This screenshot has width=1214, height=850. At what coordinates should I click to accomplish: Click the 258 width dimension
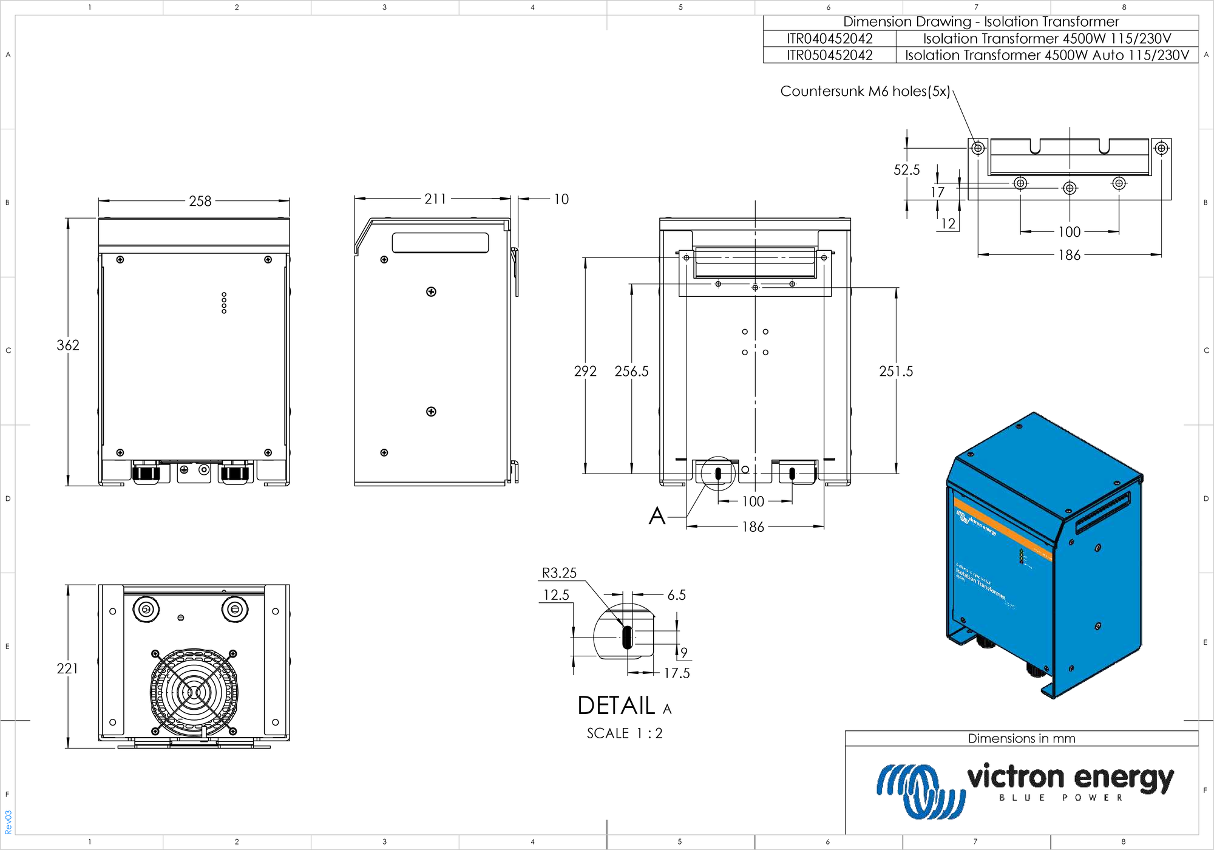[x=200, y=201]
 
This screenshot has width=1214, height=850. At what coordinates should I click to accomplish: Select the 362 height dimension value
[x=68, y=345]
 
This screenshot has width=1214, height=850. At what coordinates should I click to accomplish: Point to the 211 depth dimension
[x=435, y=199]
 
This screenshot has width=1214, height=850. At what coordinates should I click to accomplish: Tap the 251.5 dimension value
[x=895, y=372]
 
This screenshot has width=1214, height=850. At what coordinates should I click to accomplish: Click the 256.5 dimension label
[x=631, y=372]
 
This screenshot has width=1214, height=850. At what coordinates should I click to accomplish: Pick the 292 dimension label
[x=585, y=372]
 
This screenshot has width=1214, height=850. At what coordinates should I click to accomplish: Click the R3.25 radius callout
[x=559, y=573]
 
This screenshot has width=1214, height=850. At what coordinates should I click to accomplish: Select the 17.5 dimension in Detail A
[x=676, y=673]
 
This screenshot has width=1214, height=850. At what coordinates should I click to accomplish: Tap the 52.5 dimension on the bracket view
[x=906, y=170]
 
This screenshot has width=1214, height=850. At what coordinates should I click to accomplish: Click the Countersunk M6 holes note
[x=865, y=92]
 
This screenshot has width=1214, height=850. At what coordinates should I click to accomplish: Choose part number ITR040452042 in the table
[x=829, y=39]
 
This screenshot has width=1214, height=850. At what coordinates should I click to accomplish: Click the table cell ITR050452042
[x=829, y=55]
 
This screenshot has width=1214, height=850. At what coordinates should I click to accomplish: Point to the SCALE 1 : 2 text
[x=624, y=733]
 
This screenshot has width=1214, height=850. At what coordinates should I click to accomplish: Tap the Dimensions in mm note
[x=1021, y=739]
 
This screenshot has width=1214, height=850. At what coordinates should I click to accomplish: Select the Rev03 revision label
[x=8, y=821]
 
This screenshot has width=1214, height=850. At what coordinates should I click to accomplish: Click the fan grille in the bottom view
[x=194, y=692]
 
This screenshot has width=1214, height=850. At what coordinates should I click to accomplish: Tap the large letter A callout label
[x=657, y=516]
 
